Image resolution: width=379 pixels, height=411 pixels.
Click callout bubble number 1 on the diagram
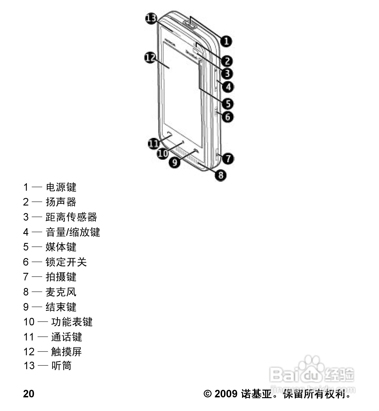pyautogui.click(x=226, y=41)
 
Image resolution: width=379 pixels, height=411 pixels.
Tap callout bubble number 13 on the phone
pyautogui.click(x=151, y=19)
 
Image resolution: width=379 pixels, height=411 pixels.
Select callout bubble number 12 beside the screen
pyautogui.click(x=150, y=57)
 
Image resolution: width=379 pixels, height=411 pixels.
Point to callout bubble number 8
pyautogui.click(x=221, y=175)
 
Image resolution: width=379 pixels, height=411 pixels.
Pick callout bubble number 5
pyautogui.click(x=227, y=104)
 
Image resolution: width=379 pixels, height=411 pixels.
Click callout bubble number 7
pyautogui.click(x=228, y=158)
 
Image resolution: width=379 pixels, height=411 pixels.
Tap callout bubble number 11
pyautogui.click(x=153, y=143)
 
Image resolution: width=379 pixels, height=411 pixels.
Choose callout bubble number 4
pyautogui.click(x=228, y=87)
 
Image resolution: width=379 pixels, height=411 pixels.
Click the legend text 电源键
pyautogui.click(x=61, y=187)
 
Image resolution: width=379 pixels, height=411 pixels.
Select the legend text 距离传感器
pyautogui.click(x=71, y=217)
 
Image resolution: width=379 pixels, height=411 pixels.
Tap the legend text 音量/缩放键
pyautogui.click(x=73, y=232)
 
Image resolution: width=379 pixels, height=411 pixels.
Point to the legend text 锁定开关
pyautogui.click(x=66, y=262)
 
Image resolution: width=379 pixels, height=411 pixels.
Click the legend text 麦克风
pyautogui.click(x=61, y=292)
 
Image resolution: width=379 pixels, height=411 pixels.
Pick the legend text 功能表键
pyautogui.click(x=72, y=322)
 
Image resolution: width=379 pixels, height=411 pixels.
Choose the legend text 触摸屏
pyautogui.click(x=67, y=352)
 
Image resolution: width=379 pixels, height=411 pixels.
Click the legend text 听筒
pyautogui.click(x=61, y=366)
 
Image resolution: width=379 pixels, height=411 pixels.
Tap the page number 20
pyautogui.click(x=29, y=394)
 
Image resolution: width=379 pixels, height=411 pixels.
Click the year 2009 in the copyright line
pyautogui.click(x=226, y=394)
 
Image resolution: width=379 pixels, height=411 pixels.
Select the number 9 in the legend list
pyautogui.click(x=26, y=307)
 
